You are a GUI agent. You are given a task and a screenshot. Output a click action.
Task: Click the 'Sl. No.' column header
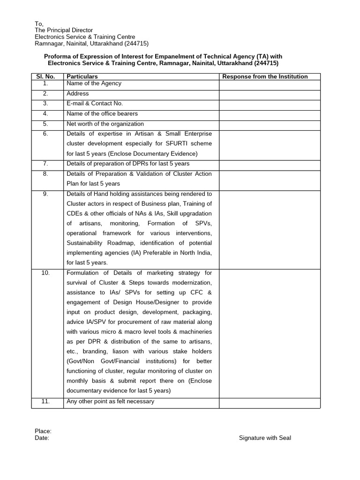pyautogui.click(x=45, y=76)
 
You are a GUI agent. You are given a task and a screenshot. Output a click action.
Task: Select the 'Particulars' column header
pyautogui.click(x=82, y=76)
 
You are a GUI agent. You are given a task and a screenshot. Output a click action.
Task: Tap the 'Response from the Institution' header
pyautogui.click(x=265, y=76)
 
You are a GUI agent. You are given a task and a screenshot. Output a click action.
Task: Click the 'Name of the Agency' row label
pyautogui.click(x=94, y=83)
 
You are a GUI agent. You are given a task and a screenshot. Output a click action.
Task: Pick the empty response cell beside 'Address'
pyautogui.click(x=270, y=94)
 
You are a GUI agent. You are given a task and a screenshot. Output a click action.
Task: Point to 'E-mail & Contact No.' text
pyautogui.click(x=95, y=104)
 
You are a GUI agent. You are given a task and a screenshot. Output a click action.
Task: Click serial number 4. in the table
pyautogui.click(x=45, y=114)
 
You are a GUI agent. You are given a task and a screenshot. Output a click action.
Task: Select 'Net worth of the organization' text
pyautogui.click(x=105, y=124)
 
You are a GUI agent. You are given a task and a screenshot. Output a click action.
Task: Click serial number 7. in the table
pyautogui.click(x=45, y=164)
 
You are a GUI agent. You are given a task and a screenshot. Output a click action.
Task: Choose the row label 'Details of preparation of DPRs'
pyautogui.click(x=128, y=164)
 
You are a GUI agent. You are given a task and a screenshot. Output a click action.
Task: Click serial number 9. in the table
pyautogui.click(x=45, y=194)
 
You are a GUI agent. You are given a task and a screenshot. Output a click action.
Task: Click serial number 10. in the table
pyautogui.click(x=45, y=273)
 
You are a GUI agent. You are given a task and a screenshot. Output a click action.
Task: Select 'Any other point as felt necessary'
pyautogui.click(x=110, y=402)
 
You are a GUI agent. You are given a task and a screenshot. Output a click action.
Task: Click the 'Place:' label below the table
pyautogui.click(x=43, y=431)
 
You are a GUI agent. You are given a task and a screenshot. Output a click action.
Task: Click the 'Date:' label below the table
pyautogui.click(x=42, y=438)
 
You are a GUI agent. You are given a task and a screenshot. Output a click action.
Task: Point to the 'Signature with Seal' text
pyautogui.click(x=265, y=438)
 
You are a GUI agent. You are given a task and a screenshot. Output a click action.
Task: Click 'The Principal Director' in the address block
pyautogui.click(x=64, y=30)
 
